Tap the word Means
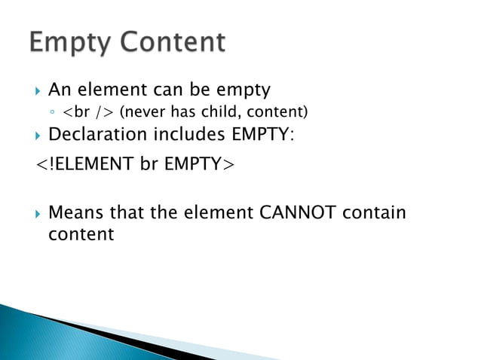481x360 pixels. click(74, 213)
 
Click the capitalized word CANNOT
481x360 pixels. click(296, 213)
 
